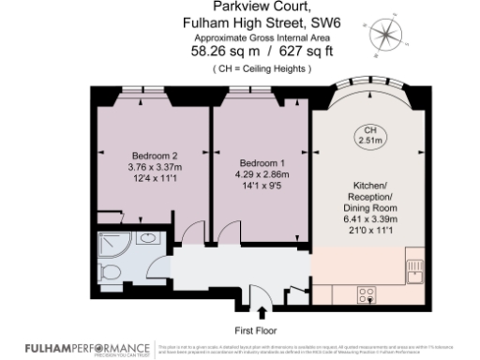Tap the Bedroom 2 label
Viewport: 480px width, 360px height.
pos(155,156)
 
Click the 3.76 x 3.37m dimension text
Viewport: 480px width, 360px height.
pos(155,167)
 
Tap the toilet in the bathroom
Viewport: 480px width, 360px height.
pos(110,273)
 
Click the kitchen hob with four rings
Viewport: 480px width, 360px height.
pos(367,293)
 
